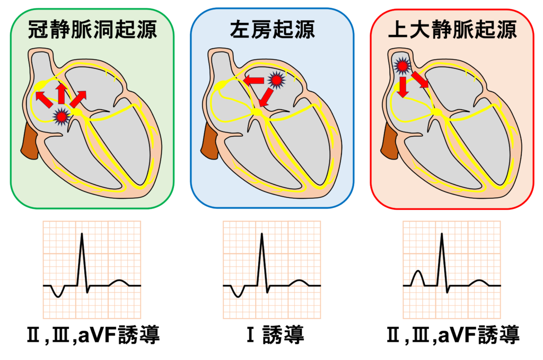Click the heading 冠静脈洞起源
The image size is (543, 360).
(92, 30)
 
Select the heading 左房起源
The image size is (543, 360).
(272, 30)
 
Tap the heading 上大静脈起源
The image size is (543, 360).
(452, 30)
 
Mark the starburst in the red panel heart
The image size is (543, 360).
(402, 65)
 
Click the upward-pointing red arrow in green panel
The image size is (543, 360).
(62, 93)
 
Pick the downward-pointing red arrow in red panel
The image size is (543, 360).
(403, 86)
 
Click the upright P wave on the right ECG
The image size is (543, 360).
(418, 277)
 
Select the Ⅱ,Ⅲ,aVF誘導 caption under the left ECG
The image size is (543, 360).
(92, 335)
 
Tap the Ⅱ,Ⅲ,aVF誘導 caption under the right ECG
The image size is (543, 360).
(452, 335)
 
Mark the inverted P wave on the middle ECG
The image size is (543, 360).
(237, 292)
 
